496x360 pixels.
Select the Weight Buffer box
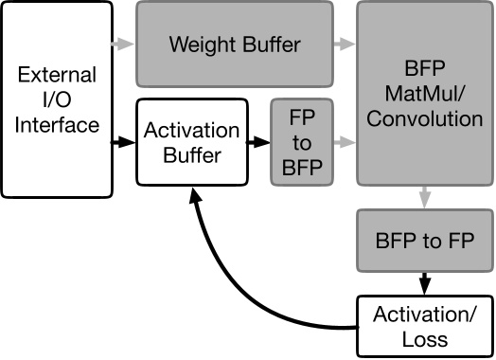tap(234, 45)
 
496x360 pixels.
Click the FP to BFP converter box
tap(302, 142)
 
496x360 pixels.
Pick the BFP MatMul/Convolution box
tap(424, 93)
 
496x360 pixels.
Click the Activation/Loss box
tap(424, 327)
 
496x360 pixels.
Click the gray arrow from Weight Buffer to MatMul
tap(345, 45)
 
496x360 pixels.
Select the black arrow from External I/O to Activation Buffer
tap(123, 142)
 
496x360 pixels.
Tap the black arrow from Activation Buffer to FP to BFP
tap(257, 142)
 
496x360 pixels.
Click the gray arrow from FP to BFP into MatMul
tap(345, 142)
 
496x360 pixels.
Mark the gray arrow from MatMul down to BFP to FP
tap(424, 197)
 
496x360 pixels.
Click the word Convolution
tap(424, 119)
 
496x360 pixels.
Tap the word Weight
tap(201, 45)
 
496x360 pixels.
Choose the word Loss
tap(424, 338)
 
